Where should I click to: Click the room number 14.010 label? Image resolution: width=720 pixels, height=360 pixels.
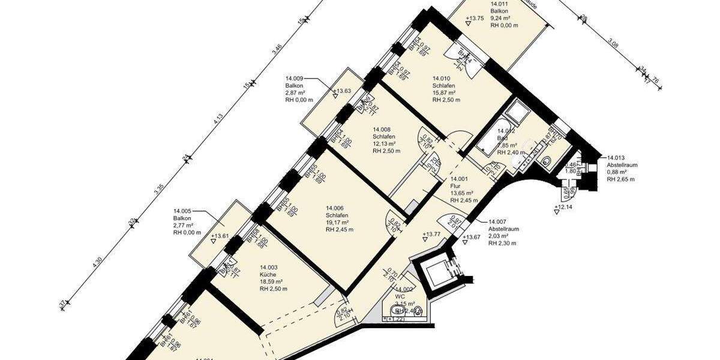pyautogui.click(x=441, y=78)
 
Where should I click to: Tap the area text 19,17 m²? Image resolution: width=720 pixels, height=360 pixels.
pyautogui.click(x=338, y=223)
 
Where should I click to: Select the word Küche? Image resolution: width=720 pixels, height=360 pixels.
pyautogui.click(x=268, y=275)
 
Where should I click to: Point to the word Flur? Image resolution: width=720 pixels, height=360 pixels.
pyautogui.click(x=456, y=186)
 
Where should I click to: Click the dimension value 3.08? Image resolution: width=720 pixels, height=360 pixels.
pyautogui.click(x=613, y=43)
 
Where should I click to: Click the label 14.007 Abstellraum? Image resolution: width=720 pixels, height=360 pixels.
pyautogui.click(x=503, y=229)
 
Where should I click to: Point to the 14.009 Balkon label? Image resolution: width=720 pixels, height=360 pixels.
pyautogui.click(x=295, y=86)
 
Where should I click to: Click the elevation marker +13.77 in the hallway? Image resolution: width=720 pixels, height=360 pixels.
pyautogui.click(x=431, y=234)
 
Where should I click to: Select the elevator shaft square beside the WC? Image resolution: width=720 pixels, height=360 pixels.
pyautogui.click(x=438, y=274)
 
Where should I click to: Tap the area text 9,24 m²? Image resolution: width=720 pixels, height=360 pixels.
pyautogui.click(x=503, y=18)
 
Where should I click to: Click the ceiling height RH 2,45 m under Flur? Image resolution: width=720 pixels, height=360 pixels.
pyautogui.click(x=464, y=200)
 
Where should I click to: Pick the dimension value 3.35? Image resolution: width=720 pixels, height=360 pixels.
pyautogui.click(x=159, y=191)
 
